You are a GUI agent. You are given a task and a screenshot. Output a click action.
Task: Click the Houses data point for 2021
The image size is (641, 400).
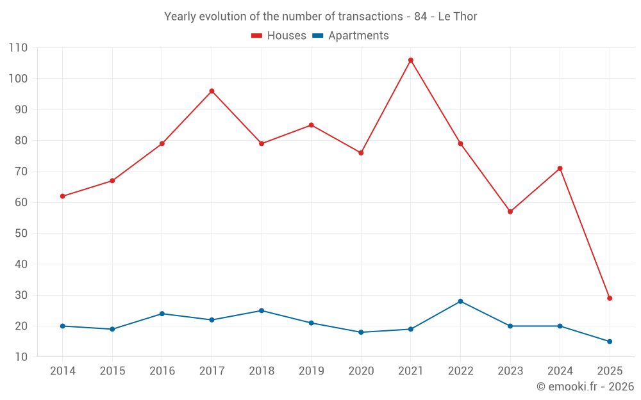[x=411, y=60]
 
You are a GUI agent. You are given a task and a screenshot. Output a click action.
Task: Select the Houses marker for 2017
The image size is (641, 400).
[x=212, y=91]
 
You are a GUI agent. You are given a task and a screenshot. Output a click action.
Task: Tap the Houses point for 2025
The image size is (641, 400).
[x=610, y=298]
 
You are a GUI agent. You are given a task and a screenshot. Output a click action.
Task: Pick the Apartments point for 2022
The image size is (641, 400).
[x=460, y=301]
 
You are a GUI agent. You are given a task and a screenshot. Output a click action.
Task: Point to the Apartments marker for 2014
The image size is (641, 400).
[x=63, y=326]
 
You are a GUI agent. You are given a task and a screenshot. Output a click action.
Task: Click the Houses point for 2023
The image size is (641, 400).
[x=510, y=211]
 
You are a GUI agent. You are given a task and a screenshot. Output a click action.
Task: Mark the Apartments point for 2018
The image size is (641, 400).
[x=262, y=310]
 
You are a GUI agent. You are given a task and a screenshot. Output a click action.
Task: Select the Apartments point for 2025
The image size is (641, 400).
[x=610, y=341]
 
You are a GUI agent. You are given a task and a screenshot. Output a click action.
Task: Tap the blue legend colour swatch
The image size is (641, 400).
[x=317, y=36]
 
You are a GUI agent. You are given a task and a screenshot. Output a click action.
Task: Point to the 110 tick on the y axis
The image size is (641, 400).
[x=18, y=48]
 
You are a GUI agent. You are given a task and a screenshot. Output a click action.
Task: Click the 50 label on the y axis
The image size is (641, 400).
[x=21, y=233]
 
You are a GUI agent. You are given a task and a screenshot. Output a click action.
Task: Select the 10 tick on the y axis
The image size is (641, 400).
[x=21, y=356]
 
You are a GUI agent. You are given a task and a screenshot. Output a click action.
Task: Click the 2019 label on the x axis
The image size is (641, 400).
[x=311, y=371]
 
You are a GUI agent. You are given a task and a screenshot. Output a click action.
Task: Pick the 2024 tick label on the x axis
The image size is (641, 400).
[x=560, y=371]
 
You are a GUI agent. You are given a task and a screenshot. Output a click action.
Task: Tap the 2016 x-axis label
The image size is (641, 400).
[x=162, y=371]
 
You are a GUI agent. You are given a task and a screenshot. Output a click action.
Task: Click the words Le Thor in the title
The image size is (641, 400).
[x=458, y=17]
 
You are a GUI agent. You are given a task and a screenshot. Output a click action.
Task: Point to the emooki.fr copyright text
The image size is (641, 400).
[x=585, y=387]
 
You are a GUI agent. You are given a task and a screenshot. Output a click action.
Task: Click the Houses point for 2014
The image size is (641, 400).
[x=63, y=196]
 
